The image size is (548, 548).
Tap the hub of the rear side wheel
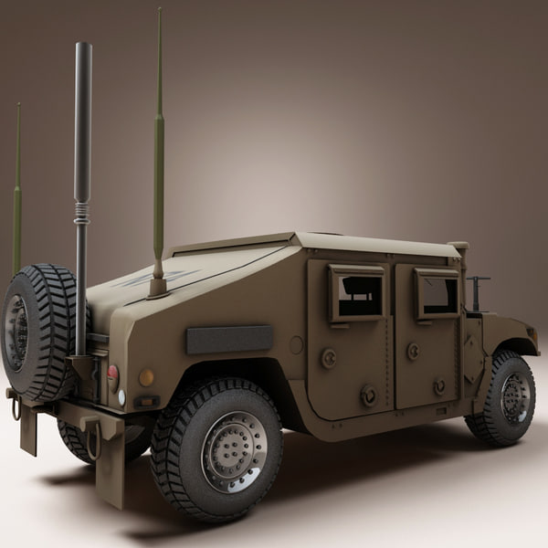(234, 451)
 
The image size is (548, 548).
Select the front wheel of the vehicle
(501, 398)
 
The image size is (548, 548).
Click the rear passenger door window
(357, 293)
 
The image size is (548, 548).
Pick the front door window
(437, 293)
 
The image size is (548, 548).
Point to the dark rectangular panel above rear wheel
(229, 339)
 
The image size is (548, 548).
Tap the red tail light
(113, 372)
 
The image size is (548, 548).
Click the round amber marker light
(146, 377)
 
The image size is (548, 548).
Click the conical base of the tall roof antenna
(158, 285)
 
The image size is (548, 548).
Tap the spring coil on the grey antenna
(82, 213)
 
